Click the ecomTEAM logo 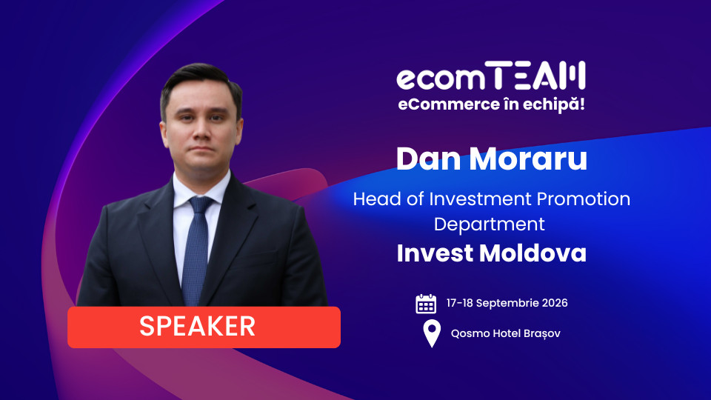pyautogui.click(x=491, y=76)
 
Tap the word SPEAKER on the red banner pyautogui.click(x=197, y=326)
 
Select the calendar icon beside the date pyautogui.click(x=426, y=304)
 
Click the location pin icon pyautogui.click(x=432, y=333)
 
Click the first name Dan pyautogui.click(x=429, y=159)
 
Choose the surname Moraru pyautogui.click(x=528, y=159)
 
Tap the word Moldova pyautogui.click(x=533, y=253)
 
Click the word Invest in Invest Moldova pyautogui.click(x=435, y=253)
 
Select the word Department pyautogui.click(x=490, y=224)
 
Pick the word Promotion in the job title pyautogui.click(x=584, y=199)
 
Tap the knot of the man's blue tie pyautogui.click(x=200, y=205)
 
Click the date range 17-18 pyautogui.click(x=460, y=303)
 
